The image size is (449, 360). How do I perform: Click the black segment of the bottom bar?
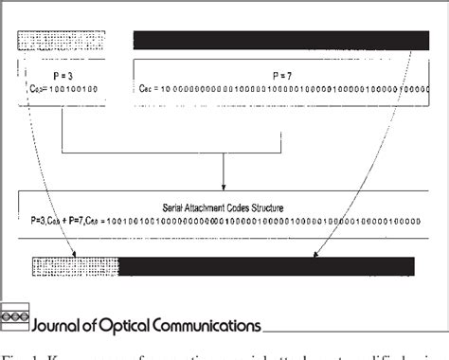click(265, 265)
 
